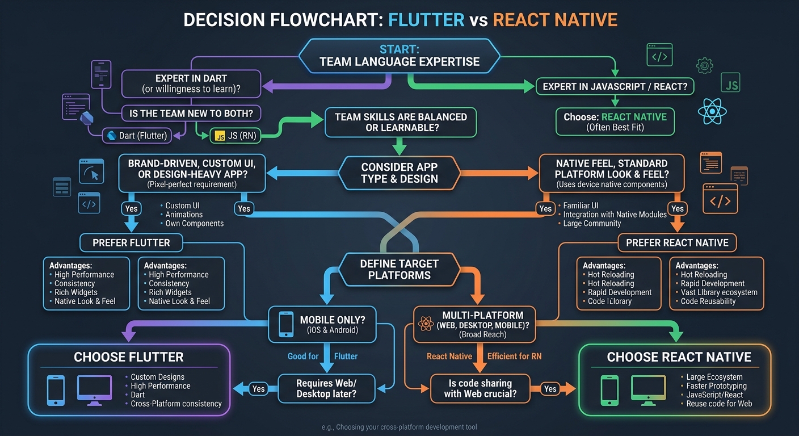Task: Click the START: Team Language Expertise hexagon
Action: (399, 56)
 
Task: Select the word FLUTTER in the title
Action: (426, 20)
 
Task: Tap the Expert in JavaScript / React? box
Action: (615, 86)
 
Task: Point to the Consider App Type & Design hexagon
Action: (399, 173)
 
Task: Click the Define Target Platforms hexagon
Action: (399, 269)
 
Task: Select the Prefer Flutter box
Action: (131, 243)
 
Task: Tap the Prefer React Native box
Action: (677, 243)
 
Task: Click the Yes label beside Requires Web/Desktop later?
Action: (258, 389)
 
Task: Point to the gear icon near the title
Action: (704, 65)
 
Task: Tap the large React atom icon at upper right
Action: (712, 111)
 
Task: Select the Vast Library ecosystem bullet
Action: (718, 292)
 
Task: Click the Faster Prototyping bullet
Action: (716, 386)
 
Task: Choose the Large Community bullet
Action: (591, 224)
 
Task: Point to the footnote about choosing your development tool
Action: (399, 427)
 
